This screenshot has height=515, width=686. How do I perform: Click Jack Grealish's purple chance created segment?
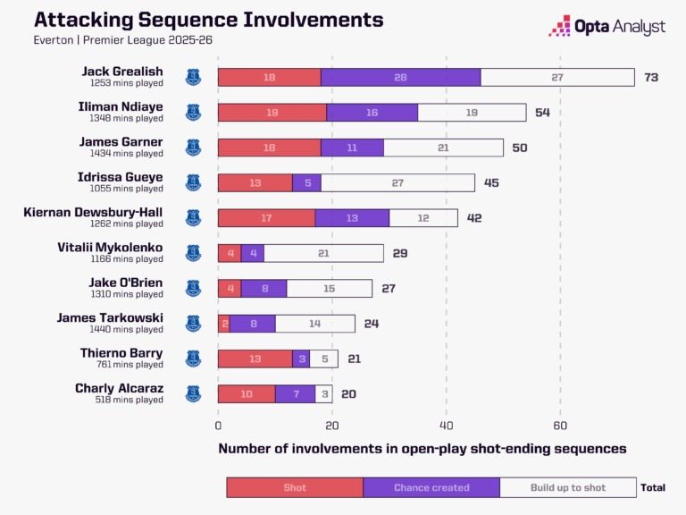pos(400,78)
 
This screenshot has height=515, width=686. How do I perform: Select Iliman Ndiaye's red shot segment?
pos(272,113)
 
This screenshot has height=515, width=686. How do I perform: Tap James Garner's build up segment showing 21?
pos(443,148)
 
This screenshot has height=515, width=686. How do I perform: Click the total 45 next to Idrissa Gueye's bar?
pos(491,182)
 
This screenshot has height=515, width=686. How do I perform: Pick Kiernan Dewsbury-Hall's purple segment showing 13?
pos(352,217)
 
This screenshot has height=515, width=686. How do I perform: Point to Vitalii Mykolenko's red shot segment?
pos(230,253)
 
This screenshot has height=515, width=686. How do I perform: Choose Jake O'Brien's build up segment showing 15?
pos(330,288)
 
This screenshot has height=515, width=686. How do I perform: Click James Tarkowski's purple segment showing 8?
pos(253,323)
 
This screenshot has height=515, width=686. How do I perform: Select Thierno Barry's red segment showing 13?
pos(255,359)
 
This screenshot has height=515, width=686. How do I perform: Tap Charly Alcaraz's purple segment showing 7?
pos(295,393)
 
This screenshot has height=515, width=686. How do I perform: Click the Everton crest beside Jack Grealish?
pos(193,78)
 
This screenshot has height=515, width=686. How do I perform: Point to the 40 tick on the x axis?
pos(447,426)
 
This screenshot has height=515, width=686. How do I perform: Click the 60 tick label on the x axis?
pos(560,426)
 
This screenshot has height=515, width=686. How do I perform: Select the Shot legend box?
pos(295,487)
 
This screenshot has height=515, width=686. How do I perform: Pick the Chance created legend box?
pos(431,487)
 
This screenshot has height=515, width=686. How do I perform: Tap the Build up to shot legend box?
pos(567,487)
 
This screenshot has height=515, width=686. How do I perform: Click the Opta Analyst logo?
pos(607,27)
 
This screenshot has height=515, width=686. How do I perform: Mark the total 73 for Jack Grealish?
pos(651,78)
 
